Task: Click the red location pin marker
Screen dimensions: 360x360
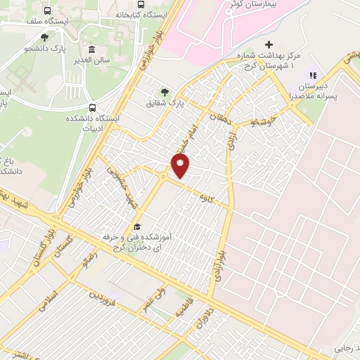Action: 181,165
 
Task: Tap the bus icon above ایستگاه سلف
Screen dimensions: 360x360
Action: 47,12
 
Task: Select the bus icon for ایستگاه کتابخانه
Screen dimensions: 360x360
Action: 141,4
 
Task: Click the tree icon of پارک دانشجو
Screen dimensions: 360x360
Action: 45,37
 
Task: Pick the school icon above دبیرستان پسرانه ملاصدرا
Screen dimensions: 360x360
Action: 313,75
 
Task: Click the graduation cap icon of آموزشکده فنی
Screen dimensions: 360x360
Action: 138,227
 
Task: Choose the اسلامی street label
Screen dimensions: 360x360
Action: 53,285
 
